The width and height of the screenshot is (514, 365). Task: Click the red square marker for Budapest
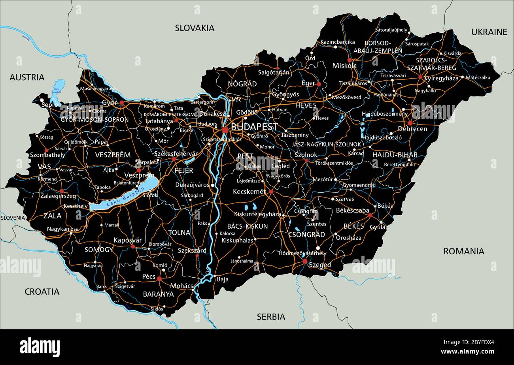click(225, 130)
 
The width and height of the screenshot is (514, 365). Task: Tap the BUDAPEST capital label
click(254, 127)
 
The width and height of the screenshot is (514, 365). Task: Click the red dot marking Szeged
click(305, 261)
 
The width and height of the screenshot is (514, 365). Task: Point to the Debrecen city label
click(412, 129)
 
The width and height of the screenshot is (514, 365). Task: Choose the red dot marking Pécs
click(159, 278)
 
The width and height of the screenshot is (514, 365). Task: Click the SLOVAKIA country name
click(195, 28)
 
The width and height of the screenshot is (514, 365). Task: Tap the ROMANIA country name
click(463, 251)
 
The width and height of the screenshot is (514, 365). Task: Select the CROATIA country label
click(42, 292)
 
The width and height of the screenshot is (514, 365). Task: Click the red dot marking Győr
click(122, 103)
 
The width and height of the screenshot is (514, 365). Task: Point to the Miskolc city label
click(344, 66)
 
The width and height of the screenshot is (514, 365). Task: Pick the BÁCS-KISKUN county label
click(248, 226)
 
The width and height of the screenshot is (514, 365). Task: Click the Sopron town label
click(51, 105)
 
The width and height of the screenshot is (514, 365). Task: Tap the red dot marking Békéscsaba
click(370, 215)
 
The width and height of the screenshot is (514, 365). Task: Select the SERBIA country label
click(271, 317)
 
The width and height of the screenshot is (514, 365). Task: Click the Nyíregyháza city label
click(440, 78)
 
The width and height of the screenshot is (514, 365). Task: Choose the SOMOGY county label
click(98, 250)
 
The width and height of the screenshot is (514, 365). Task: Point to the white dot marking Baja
click(214, 276)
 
